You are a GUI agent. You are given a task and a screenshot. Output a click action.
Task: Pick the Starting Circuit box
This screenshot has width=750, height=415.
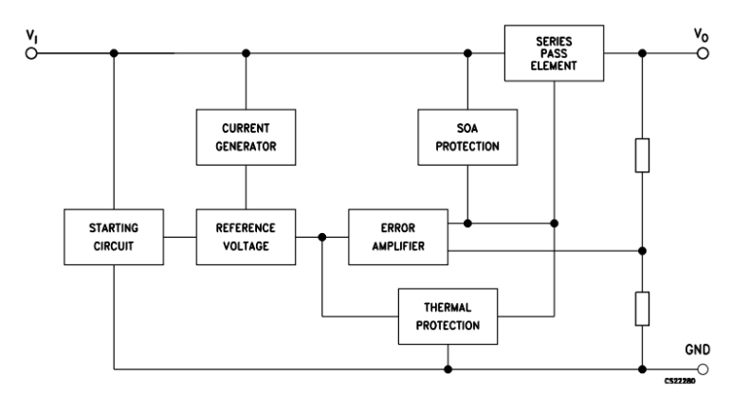click(x=114, y=237)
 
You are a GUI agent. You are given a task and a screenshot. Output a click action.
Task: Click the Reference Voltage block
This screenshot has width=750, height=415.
click(x=247, y=237)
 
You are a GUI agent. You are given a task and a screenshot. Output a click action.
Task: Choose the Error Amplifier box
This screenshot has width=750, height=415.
click(x=398, y=237)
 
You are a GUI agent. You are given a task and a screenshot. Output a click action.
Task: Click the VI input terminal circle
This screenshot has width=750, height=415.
click(x=31, y=54)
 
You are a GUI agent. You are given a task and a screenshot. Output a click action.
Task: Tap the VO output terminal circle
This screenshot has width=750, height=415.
click(x=702, y=54)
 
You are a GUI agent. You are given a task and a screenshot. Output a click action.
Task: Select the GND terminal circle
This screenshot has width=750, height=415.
click(x=702, y=369)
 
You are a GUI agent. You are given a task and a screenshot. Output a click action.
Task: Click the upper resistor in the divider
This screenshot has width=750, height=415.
click(x=643, y=154)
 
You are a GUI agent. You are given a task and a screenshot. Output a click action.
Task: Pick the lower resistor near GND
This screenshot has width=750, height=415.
click(x=643, y=309)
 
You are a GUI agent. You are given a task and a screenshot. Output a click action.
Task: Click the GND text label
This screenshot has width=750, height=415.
click(x=697, y=348)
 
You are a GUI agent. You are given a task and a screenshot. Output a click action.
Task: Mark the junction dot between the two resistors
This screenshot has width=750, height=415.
click(x=643, y=251)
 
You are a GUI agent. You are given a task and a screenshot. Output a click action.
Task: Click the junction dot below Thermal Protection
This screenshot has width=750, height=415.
click(x=448, y=369)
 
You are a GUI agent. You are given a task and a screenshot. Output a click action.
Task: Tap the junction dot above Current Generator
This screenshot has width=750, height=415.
click(x=247, y=54)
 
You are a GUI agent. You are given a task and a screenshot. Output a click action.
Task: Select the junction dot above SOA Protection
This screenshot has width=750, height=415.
click(x=467, y=54)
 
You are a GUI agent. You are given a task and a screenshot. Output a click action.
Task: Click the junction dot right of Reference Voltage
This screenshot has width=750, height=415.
click(x=322, y=237)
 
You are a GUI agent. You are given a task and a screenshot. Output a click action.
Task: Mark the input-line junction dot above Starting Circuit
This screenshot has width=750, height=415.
click(x=114, y=54)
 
